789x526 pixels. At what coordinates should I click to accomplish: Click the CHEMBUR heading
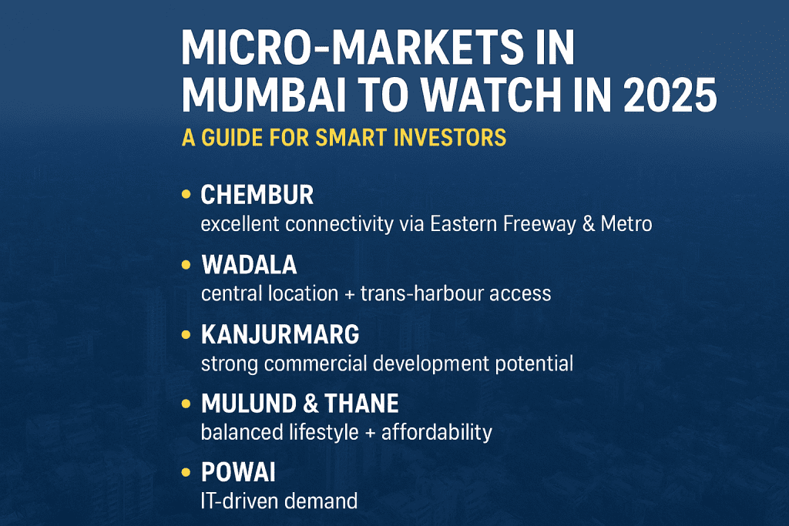point(257,195)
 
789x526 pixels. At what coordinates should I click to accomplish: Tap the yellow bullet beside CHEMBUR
point(185,195)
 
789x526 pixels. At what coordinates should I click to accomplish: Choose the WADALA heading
point(248,265)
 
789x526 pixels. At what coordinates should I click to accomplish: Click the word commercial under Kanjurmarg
point(320,363)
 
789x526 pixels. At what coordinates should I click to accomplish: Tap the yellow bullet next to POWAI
point(185,473)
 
